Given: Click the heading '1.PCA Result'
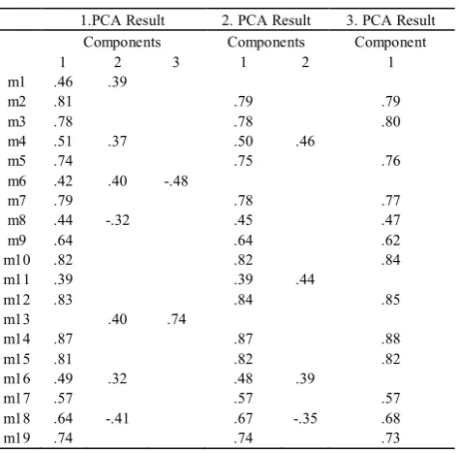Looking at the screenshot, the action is (122, 20).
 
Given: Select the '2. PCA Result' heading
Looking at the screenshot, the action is (266, 20).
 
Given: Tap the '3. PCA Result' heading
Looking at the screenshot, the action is (391, 20).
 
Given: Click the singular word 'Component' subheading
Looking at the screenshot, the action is (390, 42).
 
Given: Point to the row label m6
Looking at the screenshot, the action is (16, 181).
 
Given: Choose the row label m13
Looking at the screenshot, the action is (16, 319).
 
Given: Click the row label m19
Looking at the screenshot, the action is (16, 438).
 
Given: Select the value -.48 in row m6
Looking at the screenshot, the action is (176, 181).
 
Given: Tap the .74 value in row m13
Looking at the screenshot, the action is (176, 319).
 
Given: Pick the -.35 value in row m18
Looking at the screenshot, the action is (305, 418).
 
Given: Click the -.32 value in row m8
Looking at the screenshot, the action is (118, 220).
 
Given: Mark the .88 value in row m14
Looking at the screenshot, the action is (391, 340).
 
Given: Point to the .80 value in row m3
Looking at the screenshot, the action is (391, 122).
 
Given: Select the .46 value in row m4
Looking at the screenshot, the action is (305, 142).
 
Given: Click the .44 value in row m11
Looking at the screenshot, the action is (305, 279).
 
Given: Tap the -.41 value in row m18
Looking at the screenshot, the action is (117, 418).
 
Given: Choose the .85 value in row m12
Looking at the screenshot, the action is (391, 300).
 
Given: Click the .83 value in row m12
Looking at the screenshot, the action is (63, 300).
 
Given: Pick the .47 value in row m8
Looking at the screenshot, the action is (391, 220).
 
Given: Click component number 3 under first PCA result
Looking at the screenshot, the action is (176, 62).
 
